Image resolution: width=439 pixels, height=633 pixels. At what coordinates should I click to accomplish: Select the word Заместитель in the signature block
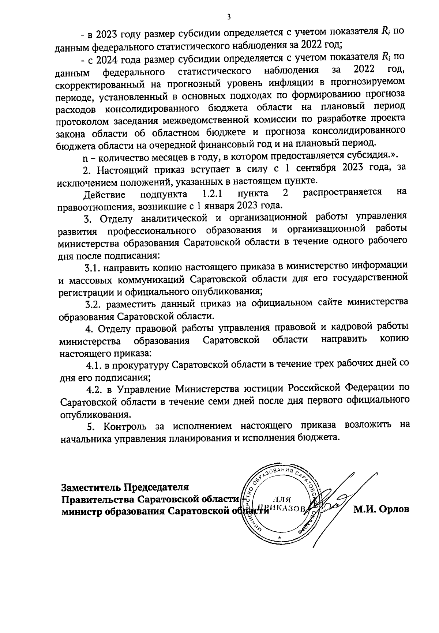(90, 487)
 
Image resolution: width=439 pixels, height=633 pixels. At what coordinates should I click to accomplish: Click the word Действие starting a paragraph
(104, 194)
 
